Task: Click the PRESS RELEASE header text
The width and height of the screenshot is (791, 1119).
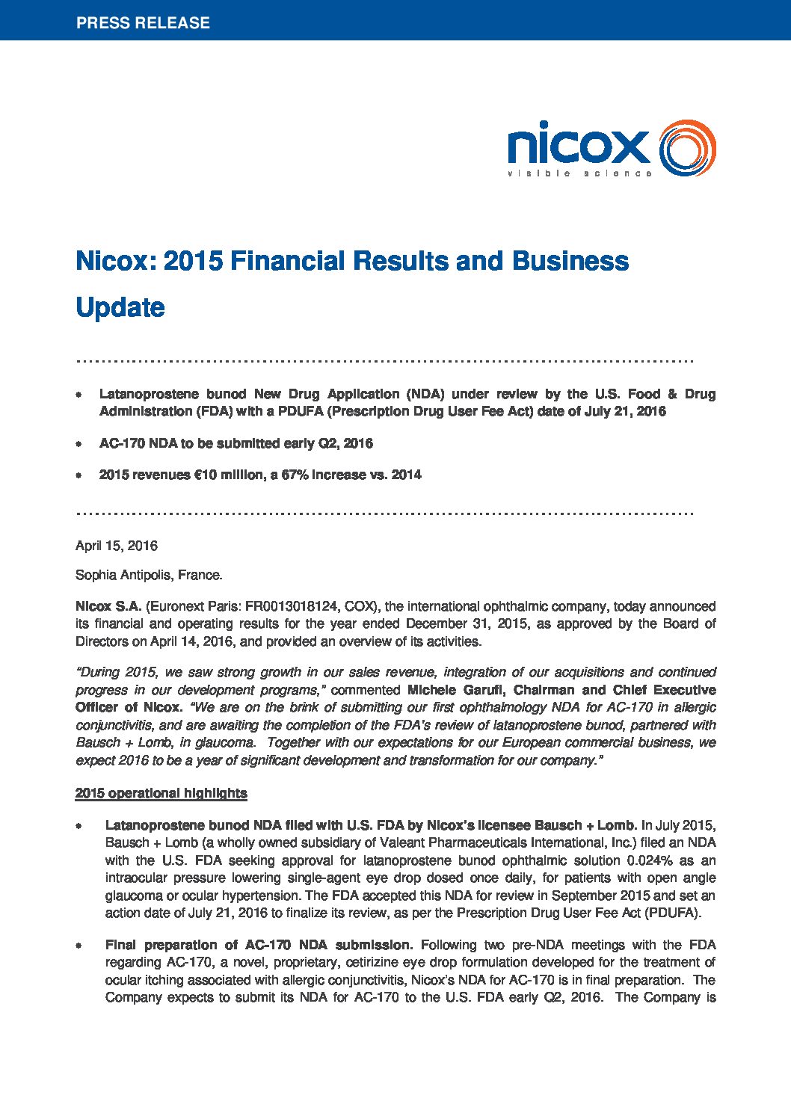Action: [x=143, y=22]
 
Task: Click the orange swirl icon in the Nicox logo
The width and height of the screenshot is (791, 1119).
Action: [x=687, y=148]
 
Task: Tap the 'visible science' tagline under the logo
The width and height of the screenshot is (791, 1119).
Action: [x=579, y=173]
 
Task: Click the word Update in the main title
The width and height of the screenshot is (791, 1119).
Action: [x=120, y=307]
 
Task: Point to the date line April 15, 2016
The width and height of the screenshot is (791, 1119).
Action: [x=117, y=546]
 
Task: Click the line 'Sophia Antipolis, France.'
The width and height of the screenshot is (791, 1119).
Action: [x=149, y=576]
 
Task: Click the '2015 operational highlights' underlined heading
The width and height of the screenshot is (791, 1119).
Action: [x=161, y=793]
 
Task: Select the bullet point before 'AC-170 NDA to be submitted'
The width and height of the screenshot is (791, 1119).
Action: [x=79, y=444]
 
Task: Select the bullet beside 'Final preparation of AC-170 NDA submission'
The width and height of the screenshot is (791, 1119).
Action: [x=79, y=946]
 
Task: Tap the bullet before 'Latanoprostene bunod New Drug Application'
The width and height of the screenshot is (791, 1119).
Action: [x=79, y=395]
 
